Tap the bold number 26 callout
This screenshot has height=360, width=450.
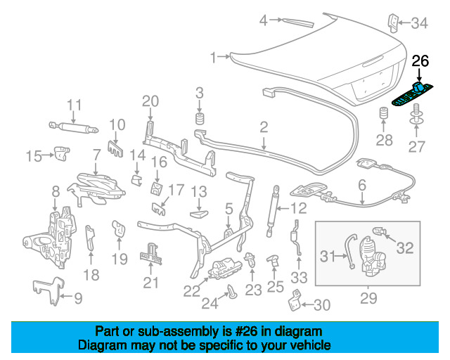pyautogui.click(x=420, y=61)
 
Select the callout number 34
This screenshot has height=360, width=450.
pyautogui.click(x=419, y=22)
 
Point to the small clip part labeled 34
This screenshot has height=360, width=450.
pyautogui.click(x=393, y=22)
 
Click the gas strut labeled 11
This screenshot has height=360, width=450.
pyautogui.click(x=73, y=127)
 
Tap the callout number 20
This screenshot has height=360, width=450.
pyautogui.click(x=150, y=101)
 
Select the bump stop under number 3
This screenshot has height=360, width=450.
pyautogui.click(x=200, y=119)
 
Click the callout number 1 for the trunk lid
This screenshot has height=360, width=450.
pyautogui.click(x=212, y=58)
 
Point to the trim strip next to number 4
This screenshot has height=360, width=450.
pyautogui.click(x=298, y=22)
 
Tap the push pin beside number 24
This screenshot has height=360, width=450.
pyautogui.click(x=232, y=291)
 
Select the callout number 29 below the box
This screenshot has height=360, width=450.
pyautogui.click(x=368, y=298)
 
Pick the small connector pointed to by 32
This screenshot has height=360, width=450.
pyautogui.click(x=380, y=231)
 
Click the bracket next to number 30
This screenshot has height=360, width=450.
pyautogui.click(x=295, y=300)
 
